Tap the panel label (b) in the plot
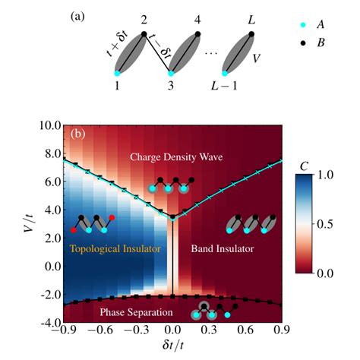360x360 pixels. pyautogui.click(x=80, y=134)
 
